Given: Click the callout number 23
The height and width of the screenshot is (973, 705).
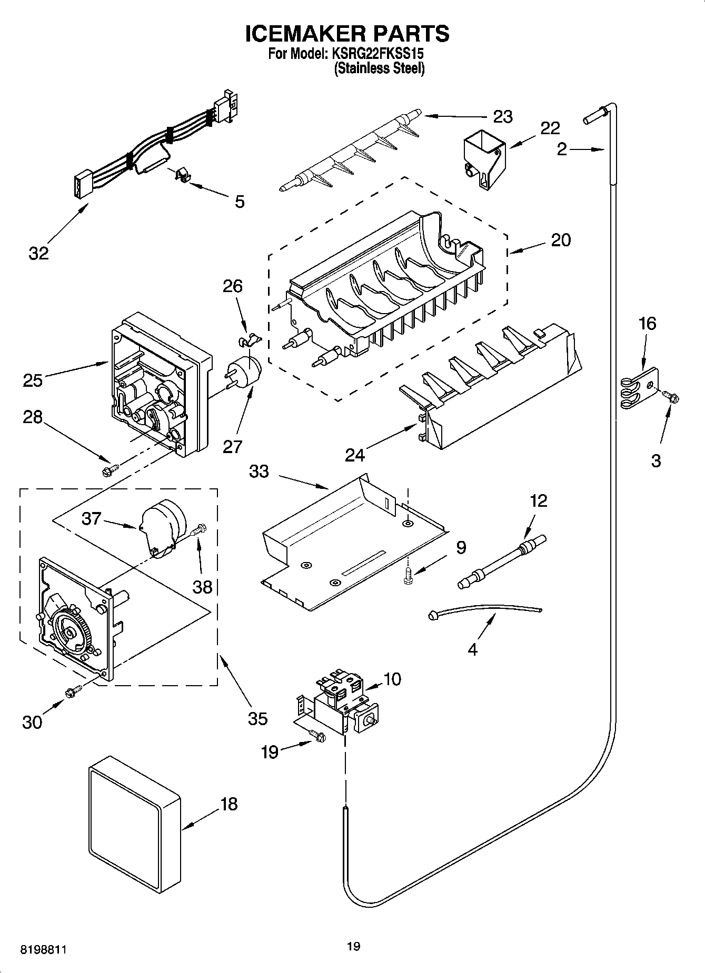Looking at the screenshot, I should [503, 116].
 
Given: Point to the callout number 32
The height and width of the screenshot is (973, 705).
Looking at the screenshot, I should [38, 253].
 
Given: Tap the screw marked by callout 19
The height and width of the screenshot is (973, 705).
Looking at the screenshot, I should [317, 736].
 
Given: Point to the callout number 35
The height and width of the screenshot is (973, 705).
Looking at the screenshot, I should [257, 718].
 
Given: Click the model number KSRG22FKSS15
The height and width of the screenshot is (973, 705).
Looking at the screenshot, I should [378, 54].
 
